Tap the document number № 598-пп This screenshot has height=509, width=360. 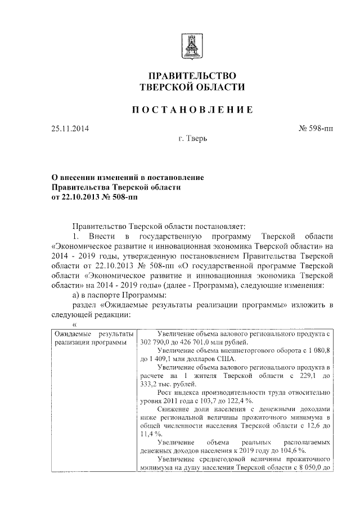tap(316, 128)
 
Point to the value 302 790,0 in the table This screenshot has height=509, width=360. tap(155, 344)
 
